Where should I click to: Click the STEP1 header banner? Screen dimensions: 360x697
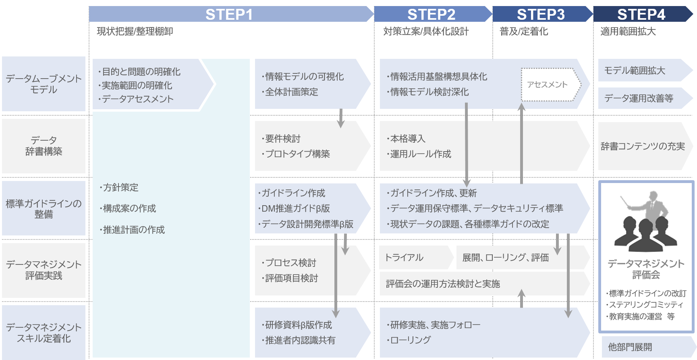coord(229,15)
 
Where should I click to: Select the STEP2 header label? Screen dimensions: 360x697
coord(431,15)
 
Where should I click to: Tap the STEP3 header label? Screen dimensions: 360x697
coord(541,15)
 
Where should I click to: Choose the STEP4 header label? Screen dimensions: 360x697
coord(641,15)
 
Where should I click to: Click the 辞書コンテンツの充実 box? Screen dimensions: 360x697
coord(643,146)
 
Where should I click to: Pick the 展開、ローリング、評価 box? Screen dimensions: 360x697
coord(506,258)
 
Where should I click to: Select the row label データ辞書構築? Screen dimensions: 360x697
coord(44,146)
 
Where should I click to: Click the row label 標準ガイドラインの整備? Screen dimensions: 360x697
coord(44,208)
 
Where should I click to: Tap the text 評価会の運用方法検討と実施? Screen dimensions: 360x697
coord(443,284)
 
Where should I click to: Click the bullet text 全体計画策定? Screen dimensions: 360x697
coord(291,92)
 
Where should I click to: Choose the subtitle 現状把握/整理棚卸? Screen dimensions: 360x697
coord(135,31)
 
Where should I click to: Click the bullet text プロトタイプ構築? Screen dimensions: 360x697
coord(297,154)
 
